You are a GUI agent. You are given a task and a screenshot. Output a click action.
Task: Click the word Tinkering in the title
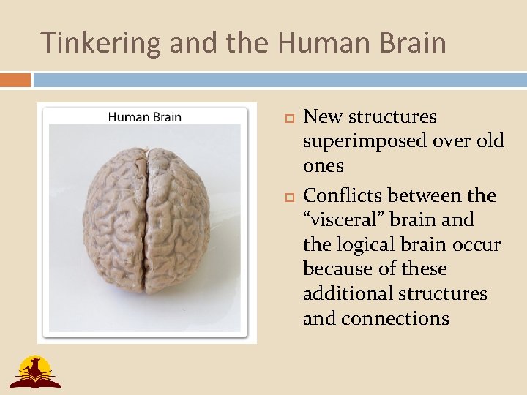100,43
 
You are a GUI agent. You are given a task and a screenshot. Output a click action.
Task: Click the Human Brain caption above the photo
145,116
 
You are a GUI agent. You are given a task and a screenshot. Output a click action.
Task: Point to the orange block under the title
15,79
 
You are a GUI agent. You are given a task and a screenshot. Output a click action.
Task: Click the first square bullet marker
286,118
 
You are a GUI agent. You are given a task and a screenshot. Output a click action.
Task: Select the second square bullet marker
286,197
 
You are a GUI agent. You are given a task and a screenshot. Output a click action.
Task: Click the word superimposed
361,141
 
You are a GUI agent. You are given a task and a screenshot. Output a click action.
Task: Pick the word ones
323,166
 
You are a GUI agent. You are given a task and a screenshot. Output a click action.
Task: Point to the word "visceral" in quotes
347,219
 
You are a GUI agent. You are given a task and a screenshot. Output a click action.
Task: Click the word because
336,269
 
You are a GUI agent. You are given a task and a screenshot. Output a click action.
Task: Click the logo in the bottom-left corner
34,371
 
